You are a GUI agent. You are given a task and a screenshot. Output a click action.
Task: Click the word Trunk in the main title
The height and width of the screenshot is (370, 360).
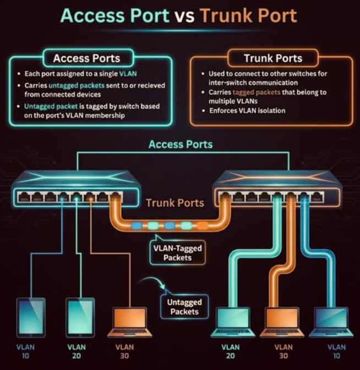[227, 15]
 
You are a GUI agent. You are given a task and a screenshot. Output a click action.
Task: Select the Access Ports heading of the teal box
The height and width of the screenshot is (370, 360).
[86, 58]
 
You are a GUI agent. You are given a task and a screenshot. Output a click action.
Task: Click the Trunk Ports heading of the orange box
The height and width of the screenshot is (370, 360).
[273, 58]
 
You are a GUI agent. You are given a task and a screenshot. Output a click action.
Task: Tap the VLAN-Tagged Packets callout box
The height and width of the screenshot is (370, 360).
[177, 253]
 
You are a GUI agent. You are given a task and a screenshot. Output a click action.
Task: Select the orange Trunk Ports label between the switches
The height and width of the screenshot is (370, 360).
[174, 203]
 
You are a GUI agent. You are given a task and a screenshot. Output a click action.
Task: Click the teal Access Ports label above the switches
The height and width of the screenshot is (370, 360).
[180, 145]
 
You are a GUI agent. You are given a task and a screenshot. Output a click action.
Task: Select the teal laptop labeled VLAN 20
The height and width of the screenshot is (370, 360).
[232, 322]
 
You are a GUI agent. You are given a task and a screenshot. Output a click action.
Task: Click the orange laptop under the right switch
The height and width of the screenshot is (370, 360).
[282, 322]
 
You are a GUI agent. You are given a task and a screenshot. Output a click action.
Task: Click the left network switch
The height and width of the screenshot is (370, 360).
[69, 187]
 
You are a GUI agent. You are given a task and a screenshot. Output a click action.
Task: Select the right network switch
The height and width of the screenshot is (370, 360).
[277, 187]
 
